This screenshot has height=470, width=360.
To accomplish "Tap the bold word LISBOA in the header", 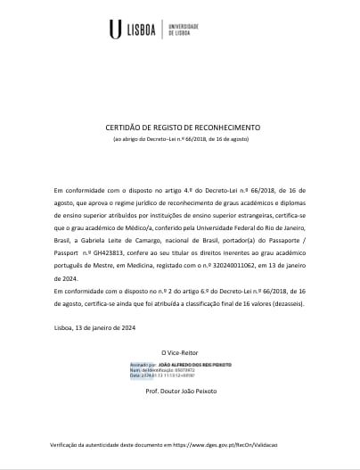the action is point(140,30).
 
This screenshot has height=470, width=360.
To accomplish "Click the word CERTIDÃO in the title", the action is point(125,128).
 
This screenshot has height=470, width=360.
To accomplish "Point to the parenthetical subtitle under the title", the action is point(179,141).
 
